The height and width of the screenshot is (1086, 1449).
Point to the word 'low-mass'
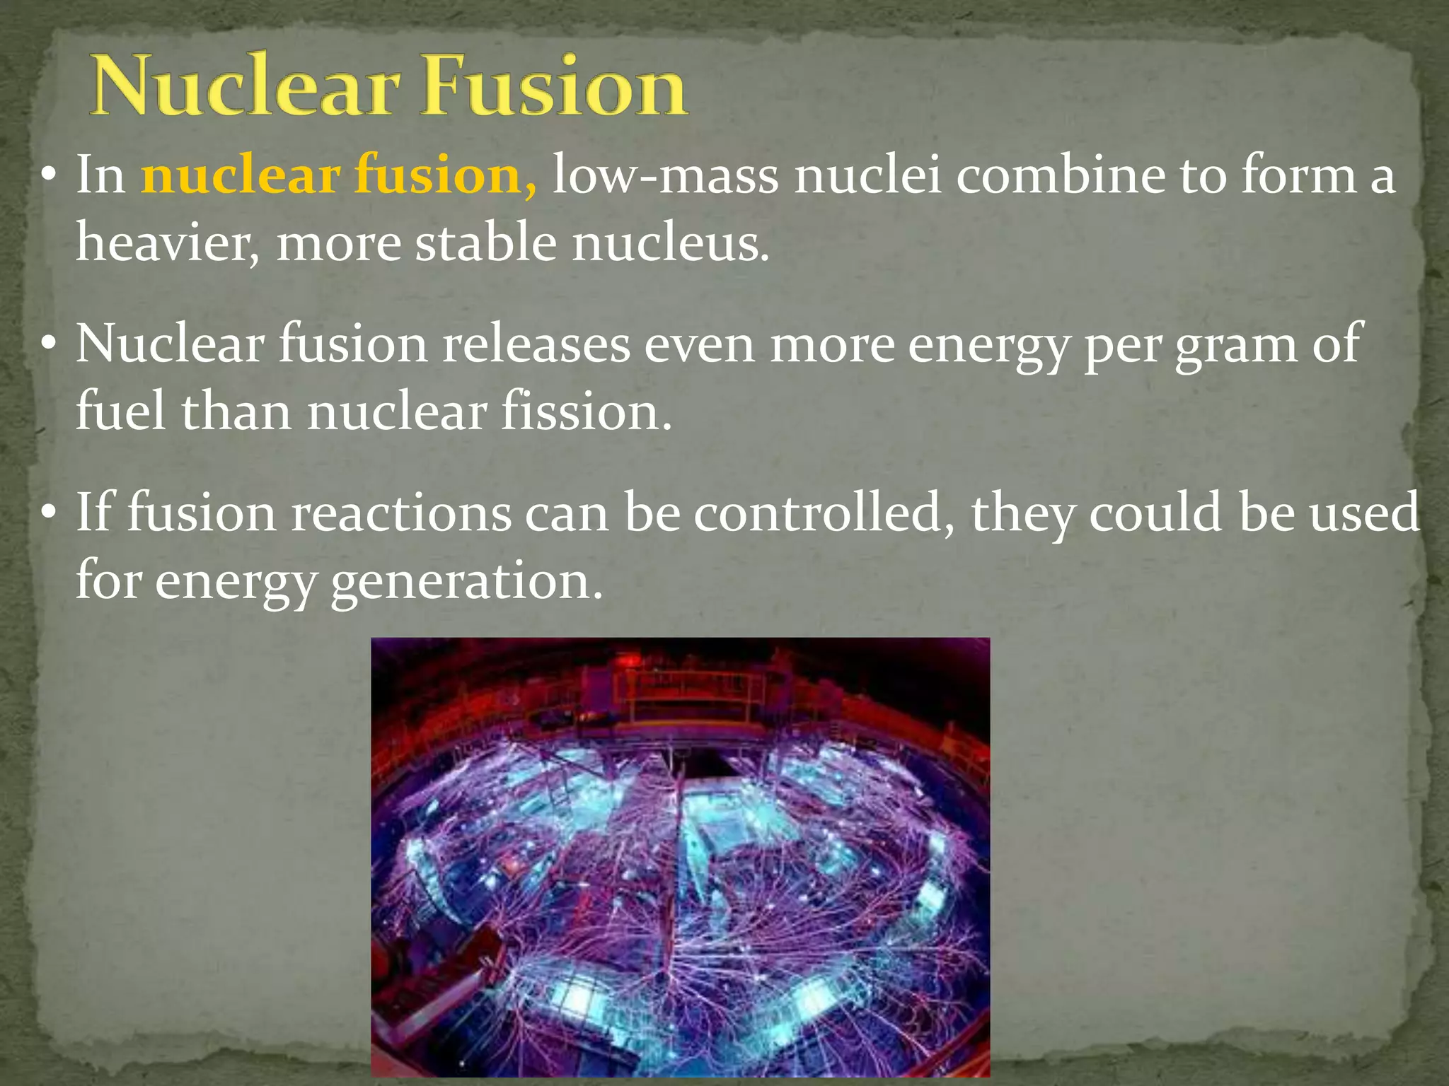click(665, 175)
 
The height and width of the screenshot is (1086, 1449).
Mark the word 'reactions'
click(402, 513)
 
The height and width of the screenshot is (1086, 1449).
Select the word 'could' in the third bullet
click(1155, 513)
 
